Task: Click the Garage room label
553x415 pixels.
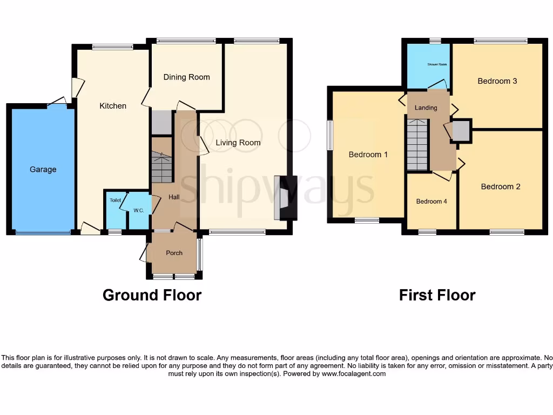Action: (x=43, y=170)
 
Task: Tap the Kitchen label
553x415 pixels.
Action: (x=113, y=106)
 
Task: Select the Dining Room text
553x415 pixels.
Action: (x=186, y=77)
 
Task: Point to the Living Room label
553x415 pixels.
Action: (x=238, y=143)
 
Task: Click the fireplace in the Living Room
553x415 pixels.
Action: (x=284, y=198)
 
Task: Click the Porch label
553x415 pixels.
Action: (x=174, y=253)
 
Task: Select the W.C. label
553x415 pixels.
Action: (x=139, y=210)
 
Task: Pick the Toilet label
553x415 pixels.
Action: (x=116, y=200)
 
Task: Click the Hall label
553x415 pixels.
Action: (x=174, y=197)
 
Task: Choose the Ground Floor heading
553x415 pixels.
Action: (x=152, y=295)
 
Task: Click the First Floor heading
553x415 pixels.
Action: (x=437, y=295)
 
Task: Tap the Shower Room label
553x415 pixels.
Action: (x=437, y=64)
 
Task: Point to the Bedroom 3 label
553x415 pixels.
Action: (x=497, y=81)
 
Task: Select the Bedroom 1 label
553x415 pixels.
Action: (x=368, y=155)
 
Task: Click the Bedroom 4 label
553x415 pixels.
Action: (x=431, y=202)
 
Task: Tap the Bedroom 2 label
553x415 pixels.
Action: (x=501, y=187)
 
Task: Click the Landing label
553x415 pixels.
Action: (x=426, y=108)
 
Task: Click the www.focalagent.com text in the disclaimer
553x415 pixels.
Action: (x=353, y=374)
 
